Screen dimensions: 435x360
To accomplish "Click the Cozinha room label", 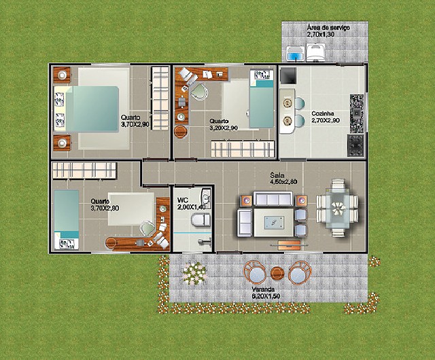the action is click(323, 113).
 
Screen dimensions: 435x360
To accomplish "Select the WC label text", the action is click(183, 200).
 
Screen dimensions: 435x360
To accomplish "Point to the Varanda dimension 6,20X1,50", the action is click(266, 296).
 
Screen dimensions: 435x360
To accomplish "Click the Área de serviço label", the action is click(328, 28).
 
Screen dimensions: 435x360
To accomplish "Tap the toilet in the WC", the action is click(201, 220).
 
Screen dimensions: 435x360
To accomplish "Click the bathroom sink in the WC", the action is click(205, 198).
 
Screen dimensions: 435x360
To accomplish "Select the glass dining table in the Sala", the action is click(337, 207).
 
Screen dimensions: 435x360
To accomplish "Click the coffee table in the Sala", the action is click(274, 223).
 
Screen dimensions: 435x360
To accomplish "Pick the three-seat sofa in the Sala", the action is click(273, 199).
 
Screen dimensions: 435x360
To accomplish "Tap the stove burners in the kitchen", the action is click(355, 145).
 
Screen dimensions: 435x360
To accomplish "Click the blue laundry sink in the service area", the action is click(295, 54).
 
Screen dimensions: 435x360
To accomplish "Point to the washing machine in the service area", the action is click(315, 52).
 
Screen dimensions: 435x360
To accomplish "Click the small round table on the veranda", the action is click(277, 274).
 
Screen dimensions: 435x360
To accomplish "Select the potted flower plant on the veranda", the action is click(194, 273).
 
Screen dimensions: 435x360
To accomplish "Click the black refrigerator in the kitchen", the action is click(288, 75).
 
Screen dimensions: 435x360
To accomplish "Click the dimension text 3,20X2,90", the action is click(224, 128).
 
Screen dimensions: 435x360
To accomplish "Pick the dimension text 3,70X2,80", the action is click(105, 208).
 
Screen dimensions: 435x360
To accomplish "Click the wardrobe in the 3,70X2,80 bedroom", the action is click(84, 170).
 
